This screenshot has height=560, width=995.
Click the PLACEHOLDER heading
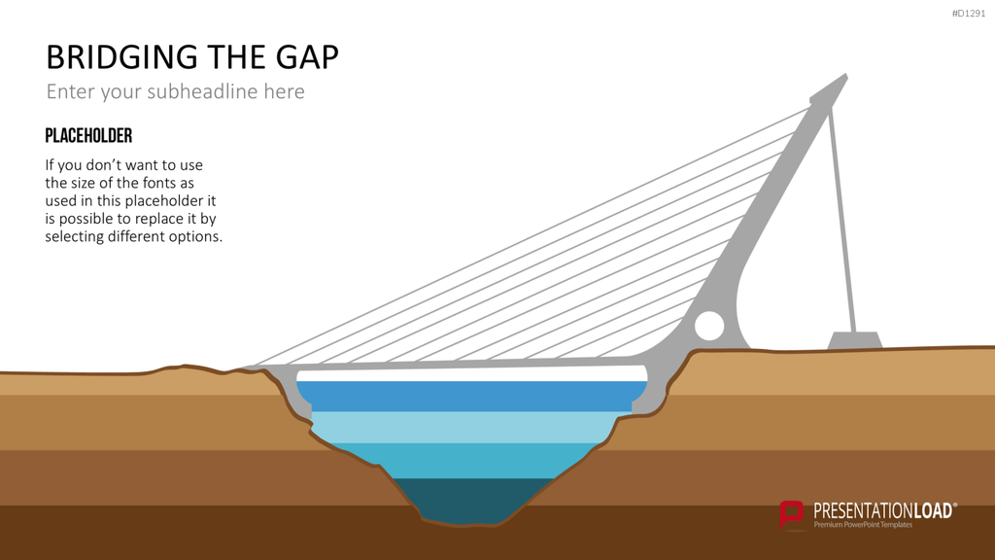pyautogui.click(x=88, y=136)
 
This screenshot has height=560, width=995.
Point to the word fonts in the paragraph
pyautogui.click(x=159, y=183)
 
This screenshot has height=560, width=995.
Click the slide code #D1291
pyautogui.click(x=969, y=14)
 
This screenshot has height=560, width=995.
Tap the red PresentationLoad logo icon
pyautogui.click(x=791, y=513)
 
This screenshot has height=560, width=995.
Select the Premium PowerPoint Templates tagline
pyautogui.click(x=863, y=524)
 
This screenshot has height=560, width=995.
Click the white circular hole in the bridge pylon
pyautogui.click(x=709, y=326)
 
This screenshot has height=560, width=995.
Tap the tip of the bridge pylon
pyautogui.click(x=846, y=74)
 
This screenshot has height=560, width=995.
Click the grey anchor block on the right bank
pyautogui.click(x=855, y=340)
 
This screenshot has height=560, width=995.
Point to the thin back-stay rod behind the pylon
pyautogui.click(x=842, y=220)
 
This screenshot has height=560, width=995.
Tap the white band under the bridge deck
pyautogui.click(x=471, y=373)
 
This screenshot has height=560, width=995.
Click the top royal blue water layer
pyautogui.click(x=471, y=397)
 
